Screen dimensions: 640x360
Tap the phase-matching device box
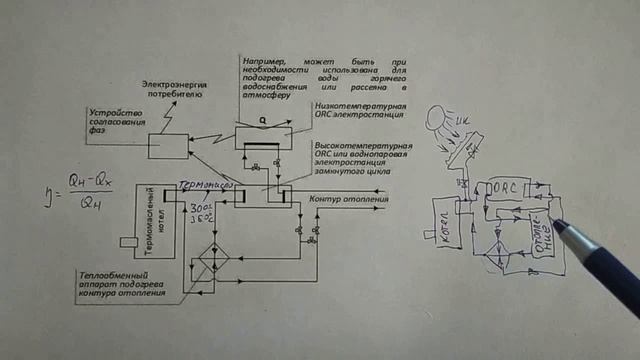(x=168, y=146)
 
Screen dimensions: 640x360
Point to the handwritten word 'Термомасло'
(x=205, y=185)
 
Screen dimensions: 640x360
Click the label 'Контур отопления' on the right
(x=349, y=199)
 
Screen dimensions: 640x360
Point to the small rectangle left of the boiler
(x=127, y=242)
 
